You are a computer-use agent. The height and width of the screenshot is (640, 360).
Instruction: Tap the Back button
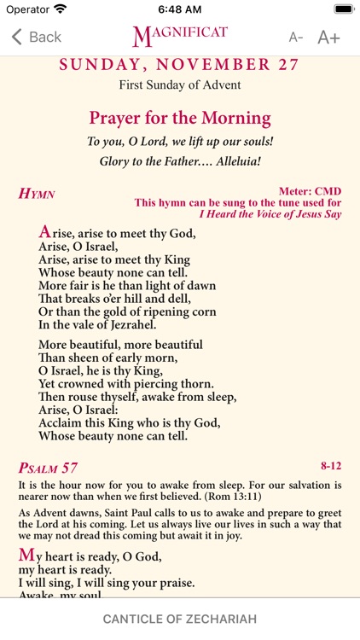[36, 37]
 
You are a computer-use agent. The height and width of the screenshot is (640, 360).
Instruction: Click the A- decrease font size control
[296, 38]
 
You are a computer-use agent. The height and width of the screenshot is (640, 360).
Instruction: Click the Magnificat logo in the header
[180, 36]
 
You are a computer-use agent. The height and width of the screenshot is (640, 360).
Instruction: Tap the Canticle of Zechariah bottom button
[180, 618]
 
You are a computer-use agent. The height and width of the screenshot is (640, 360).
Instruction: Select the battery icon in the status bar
[343, 9]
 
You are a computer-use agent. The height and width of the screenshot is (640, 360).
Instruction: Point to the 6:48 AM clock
[179, 9]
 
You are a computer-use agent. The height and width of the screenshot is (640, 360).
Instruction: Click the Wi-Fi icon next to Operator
[60, 9]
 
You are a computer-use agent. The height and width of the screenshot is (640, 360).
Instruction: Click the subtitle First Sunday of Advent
[180, 85]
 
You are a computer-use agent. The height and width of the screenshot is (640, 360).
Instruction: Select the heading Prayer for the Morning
[180, 118]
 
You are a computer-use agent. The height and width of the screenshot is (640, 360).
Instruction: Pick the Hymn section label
[37, 194]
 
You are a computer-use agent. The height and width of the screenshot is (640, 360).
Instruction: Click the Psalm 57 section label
[48, 468]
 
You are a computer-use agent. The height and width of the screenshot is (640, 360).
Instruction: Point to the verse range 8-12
[330, 466]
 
